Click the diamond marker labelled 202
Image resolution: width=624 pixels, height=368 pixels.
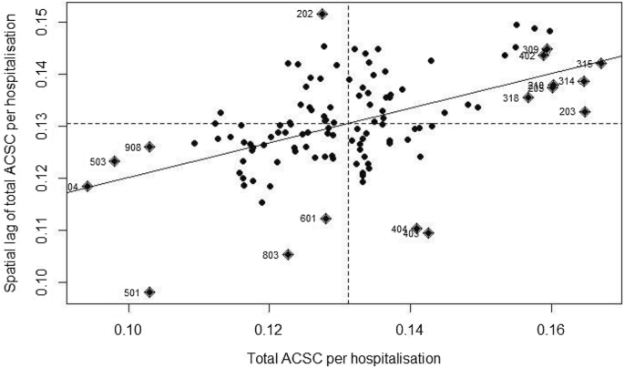pos(322,14)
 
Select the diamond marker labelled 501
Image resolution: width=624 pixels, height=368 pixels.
pos(149,292)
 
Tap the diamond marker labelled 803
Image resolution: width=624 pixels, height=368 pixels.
pos(288,254)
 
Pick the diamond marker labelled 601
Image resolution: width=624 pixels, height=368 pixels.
pos(326,219)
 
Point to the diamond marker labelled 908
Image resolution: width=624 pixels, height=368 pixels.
pos(149,147)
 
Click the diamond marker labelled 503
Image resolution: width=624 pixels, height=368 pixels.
pos(115,161)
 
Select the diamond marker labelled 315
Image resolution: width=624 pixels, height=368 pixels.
pos(601,63)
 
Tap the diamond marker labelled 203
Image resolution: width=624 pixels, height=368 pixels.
pos(585,111)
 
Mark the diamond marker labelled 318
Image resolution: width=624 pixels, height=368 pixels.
pos(528,97)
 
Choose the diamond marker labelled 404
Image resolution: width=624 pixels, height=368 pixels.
pos(416,229)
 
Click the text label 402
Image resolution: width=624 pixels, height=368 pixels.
pos(527,56)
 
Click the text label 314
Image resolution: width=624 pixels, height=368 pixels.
pos(567,81)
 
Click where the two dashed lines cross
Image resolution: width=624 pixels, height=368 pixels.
pos(348,124)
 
